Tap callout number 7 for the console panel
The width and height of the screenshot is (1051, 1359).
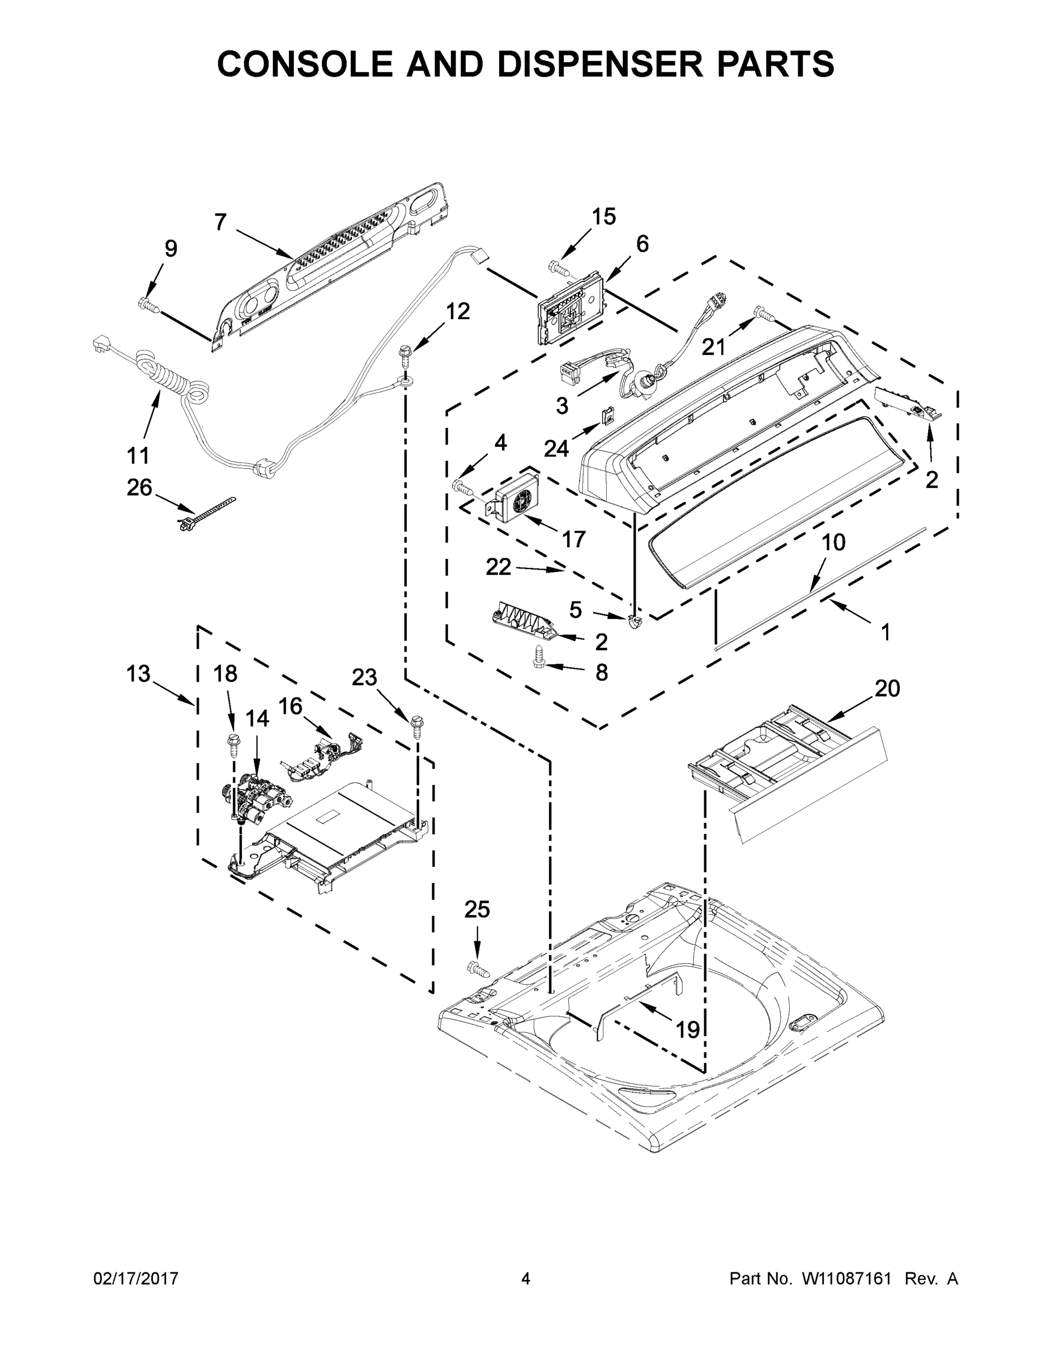220,222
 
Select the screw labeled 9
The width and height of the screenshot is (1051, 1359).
148,304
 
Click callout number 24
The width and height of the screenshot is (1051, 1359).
556,447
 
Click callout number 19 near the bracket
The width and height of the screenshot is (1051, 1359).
688,1030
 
